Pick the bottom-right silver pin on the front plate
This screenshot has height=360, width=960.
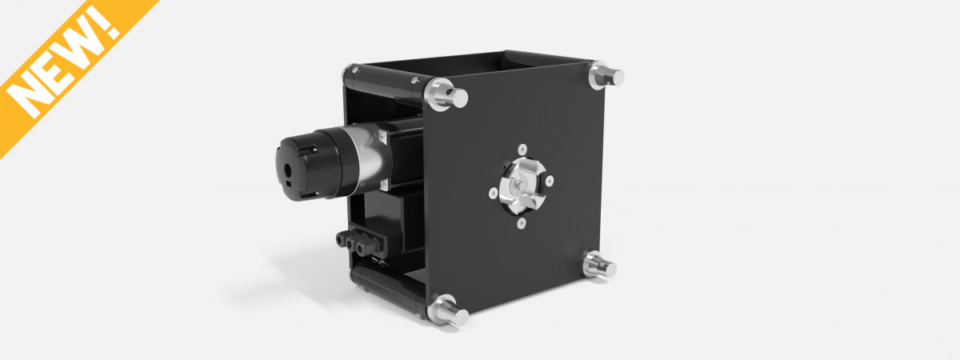point(599,266)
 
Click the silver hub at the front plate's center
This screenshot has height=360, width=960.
point(521,186)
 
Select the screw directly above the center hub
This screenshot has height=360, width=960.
point(522,149)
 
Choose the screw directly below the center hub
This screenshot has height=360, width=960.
point(522,224)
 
